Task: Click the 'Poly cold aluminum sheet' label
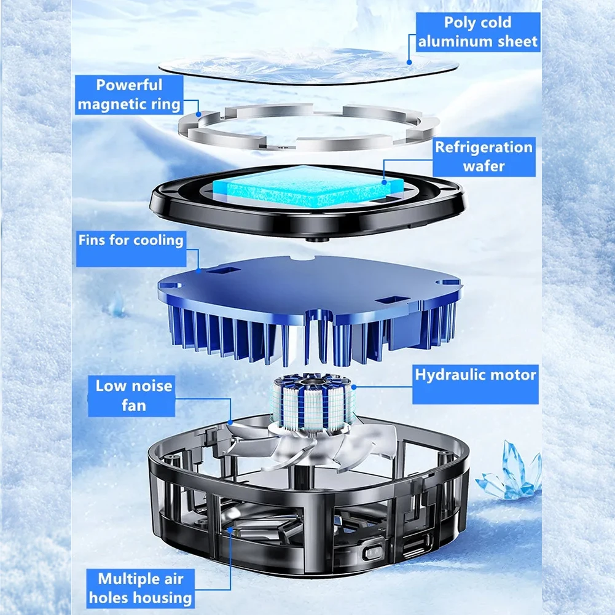click(x=478, y=32)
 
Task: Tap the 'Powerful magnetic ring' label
click(x=130, y=95)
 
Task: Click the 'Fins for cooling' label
click(x=131, y=240)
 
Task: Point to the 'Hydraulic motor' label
click(x=475, y=374)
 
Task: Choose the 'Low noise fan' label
click(x=133, y=396)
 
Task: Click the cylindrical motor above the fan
click(x=312, y=402)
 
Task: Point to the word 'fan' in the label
click(x=133, y=405)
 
